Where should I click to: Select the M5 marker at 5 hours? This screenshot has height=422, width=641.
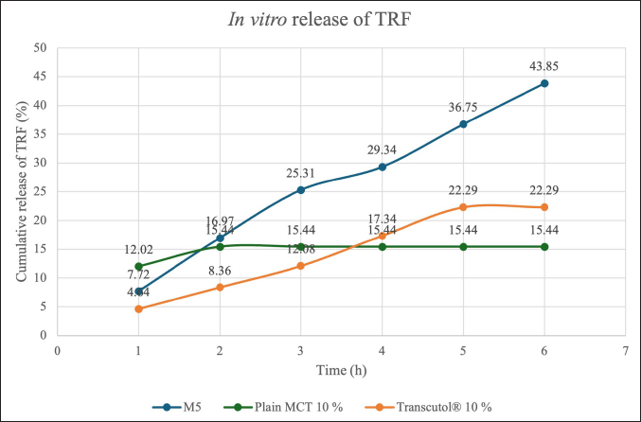[x=463, y=124]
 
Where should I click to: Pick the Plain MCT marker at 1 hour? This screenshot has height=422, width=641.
[x=139, y=266]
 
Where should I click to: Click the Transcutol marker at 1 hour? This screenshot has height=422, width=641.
[x=139, y=308]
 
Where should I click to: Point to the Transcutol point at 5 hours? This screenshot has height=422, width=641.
[x=463, y=207]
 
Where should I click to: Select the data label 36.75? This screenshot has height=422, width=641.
[x=463, y=107]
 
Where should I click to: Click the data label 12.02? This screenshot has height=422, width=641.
[x=139, y=249]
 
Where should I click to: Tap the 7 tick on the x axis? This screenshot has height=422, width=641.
[x=625, y=348]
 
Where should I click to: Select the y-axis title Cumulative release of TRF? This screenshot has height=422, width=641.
[x=21, y=190]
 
